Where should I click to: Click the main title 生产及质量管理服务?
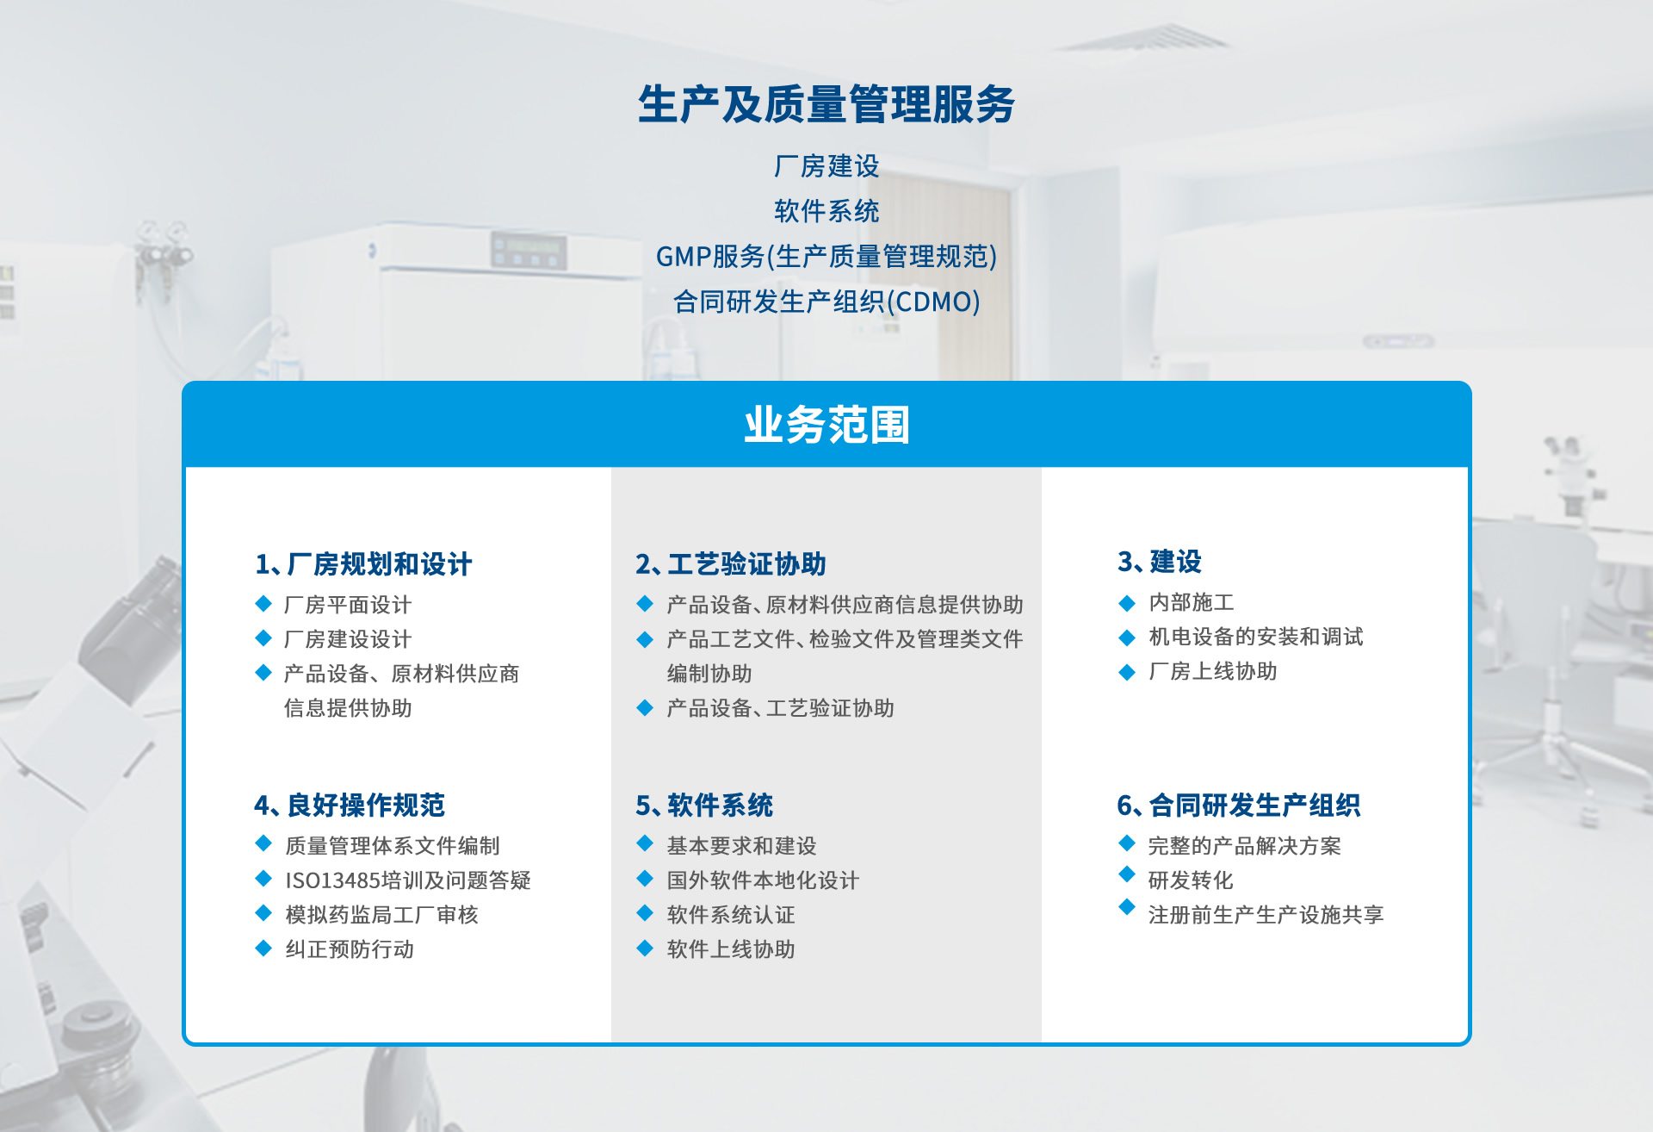[826, 105]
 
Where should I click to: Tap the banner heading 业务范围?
[826, 425]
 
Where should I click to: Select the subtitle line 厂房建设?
[826, 165]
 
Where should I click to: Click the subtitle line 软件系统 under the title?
[826, 211]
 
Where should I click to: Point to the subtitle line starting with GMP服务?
[826, 257]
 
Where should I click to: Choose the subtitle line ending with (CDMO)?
[826, 302]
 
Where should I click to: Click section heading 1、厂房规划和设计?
[363, 564]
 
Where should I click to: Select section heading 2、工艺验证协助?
[731, 564]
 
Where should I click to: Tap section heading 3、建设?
[1160, 562]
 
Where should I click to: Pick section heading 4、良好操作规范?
[350, 805]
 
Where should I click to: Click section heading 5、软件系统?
[704, 805]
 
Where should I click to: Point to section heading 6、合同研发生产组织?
[1239, 805]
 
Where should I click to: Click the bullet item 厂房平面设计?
[348, 605]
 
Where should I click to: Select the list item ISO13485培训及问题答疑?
[408, 880]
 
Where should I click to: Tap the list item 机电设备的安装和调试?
[1256, 637]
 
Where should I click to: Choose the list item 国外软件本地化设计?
[763, 880]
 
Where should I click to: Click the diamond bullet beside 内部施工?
[1127, 603]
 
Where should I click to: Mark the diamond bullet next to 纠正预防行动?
[263, 949]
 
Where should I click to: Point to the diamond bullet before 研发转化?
[1127, 874]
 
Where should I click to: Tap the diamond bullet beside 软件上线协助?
[645, 949]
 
